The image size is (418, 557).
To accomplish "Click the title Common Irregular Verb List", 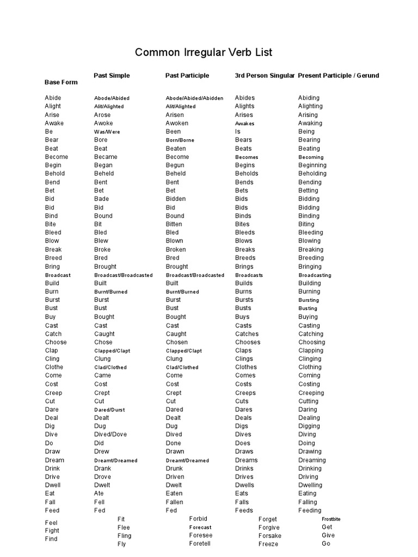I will pyautogui.click(x=203, y=53).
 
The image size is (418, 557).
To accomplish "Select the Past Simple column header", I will pyautogui.click(x=112, y=76).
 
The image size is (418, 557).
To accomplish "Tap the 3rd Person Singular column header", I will pyautogui.click(x=265, y=76).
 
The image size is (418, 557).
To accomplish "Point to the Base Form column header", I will pyautogui.click(x=61, y=82).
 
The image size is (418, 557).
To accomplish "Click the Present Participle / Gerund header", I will pyautogui.click(x=339, y=76).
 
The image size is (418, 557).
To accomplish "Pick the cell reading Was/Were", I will pyautogui.click(x=107, y=132).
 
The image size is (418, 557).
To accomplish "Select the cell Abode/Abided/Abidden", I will pyautogui.click(x=194, y=98).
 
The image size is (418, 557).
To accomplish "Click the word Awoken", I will pyautogui.click(x=177, y=123).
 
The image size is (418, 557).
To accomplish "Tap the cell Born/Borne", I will pyautogui.click(x=180, y=140).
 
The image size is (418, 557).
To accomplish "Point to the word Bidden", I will pyautogui.click(x=175, y=199).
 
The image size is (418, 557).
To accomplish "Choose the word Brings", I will pyautogui.click(x=244, y=267).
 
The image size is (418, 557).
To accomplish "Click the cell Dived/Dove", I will pyautogui.click(x=110, y=435).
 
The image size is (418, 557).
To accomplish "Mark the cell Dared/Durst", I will pyautogui.click(x=110, y=410).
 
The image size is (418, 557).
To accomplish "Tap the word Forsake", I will pyautogui.click(x=270, y=536).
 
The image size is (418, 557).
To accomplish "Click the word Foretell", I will pyautogui.click(x=200, y=544).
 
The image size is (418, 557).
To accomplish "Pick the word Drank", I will pyautogui.click(x=102, y=468).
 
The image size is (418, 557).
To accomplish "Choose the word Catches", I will pyautogui.click(x=247, y=334).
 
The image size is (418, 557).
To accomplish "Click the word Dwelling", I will pyautogui.click(x=310, y=485).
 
